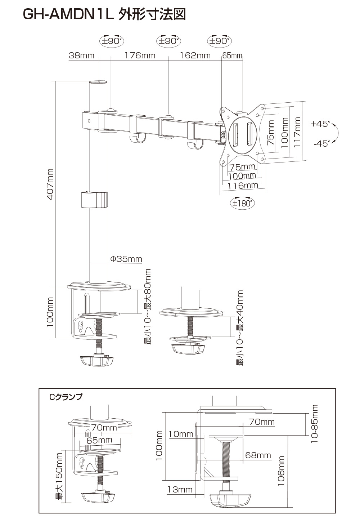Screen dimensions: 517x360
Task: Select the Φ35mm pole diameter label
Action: [x=126, y=259]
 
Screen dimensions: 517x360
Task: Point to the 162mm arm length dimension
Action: [x=195, y=55]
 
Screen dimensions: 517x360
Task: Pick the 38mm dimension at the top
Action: [x=81, y=55]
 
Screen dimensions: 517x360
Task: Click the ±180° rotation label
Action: [x=242, y=203]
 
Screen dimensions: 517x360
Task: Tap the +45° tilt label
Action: [x=320, y=124]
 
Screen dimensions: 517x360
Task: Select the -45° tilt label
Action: [x=321, y=143]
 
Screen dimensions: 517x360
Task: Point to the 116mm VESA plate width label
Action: [x=243, y=185]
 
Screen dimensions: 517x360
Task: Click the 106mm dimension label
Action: [x=281, y=471]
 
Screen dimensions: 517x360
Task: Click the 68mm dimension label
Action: [x=258, y=455]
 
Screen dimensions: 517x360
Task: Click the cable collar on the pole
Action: [x=94, y=199]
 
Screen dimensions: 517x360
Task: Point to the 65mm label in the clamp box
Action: [x=99, y=440]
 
